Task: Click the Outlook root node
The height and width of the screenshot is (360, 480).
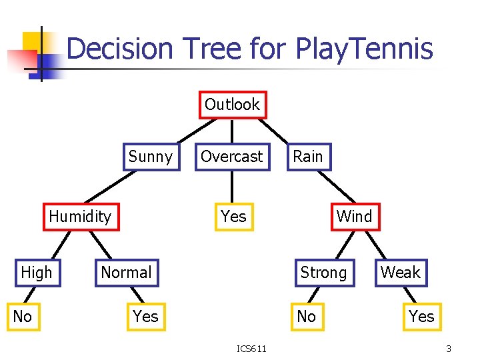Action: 232,105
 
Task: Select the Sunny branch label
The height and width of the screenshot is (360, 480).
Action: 150,157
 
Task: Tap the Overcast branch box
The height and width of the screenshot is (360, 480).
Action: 232,157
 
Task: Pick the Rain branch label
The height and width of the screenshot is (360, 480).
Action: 308,157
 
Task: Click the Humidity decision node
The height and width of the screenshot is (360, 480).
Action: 81,217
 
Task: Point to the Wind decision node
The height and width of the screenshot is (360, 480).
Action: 354,217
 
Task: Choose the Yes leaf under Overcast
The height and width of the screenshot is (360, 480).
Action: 234,217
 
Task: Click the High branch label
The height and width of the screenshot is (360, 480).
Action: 36,273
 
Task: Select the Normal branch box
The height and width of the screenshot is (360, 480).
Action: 126,273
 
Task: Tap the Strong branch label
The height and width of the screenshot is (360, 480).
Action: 323,273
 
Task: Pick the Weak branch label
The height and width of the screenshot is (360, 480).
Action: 401,273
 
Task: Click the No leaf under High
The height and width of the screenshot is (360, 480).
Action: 23,317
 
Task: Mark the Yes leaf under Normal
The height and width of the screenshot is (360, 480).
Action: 145,317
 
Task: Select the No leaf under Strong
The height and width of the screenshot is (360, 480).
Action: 306,317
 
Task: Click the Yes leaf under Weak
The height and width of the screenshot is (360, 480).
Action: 421,317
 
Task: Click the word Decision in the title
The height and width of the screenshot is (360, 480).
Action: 120,49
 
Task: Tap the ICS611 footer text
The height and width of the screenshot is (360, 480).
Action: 252,349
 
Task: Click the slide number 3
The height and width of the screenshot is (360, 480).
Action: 449,349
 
